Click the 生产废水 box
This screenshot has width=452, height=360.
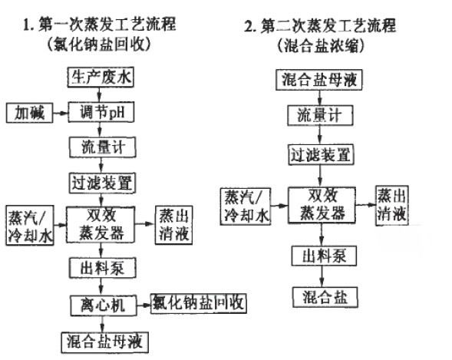coord(101,77)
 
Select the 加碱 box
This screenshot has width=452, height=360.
coord(29,113)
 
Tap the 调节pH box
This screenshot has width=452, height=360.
coord(101,112)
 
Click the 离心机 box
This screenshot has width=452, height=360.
coord(104,306)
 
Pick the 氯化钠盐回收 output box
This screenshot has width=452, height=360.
coord(199,303)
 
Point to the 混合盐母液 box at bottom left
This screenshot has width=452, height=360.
coord(105,342)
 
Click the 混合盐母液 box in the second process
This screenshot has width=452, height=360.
coord(318,80)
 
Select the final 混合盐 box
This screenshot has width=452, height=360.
coord(325,297)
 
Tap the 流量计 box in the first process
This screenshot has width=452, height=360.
coord(103,147)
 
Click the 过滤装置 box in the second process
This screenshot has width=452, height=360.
coord(321,155)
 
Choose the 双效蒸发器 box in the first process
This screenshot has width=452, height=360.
coord(101,225)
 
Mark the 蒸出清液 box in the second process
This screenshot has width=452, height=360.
coord(392,205)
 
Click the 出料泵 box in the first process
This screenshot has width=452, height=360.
coord(102,269)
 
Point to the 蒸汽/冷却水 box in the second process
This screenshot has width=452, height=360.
coord(246,206)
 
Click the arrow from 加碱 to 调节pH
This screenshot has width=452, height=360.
coord(61,113)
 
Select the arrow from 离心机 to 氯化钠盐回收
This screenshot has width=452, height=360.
coord(144,306)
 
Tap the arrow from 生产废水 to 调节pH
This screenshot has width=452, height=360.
coord(100,94)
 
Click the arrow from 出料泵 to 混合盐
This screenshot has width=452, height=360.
coord(322,276)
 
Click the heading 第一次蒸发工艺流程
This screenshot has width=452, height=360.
coord(100,25)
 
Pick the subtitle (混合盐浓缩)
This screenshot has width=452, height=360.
coord(321,45)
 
